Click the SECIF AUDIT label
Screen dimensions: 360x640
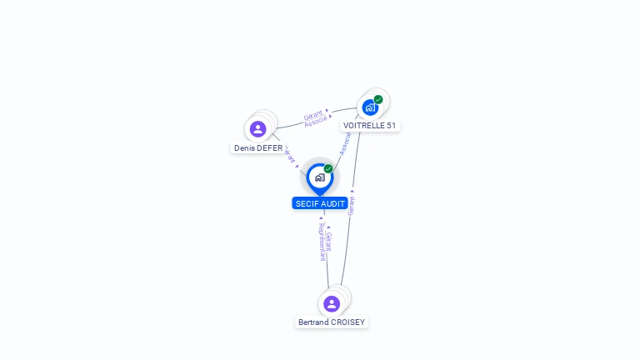[320, 203]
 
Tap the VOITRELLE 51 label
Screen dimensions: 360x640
[369, 126]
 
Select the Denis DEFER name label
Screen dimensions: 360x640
[257, 148]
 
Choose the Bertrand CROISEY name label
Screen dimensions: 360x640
[332, 322]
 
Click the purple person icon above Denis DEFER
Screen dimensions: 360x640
[257, 129]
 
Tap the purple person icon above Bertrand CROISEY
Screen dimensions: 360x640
[332, 303]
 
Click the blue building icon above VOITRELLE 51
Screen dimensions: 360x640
[370, 107]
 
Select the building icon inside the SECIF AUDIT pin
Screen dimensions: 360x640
[320, 177]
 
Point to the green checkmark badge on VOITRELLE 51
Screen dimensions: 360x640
[378, 100]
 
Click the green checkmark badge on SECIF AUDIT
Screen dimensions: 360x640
[328, 169]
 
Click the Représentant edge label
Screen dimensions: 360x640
[322, 242]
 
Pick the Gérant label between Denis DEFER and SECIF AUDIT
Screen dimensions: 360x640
[289, 155]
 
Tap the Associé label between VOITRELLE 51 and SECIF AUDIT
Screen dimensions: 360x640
[344, 143]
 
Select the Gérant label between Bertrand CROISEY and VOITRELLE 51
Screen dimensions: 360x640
[352, 205]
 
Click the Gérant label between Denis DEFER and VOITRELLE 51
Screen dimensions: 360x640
[312, 114]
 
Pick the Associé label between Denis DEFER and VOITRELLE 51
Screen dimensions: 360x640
[316, 121]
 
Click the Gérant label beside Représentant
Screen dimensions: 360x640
[328, 241]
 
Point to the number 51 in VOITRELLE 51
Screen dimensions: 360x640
[391, 126]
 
